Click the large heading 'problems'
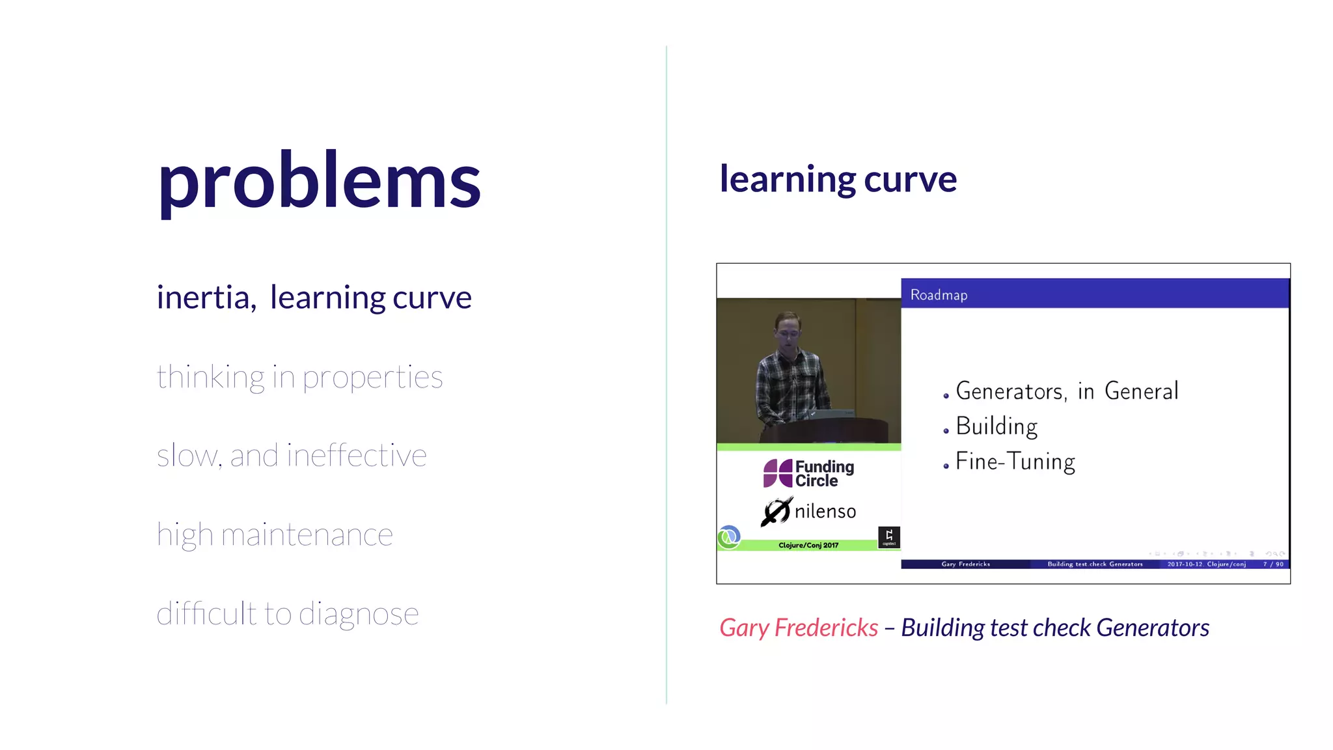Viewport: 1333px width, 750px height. pyautogui.click(x=319, y=180)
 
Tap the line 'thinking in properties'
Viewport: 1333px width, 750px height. pyautogui.click(x=299, y=377)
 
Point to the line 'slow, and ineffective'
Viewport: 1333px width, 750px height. pyautogui.click(x=292, y=456)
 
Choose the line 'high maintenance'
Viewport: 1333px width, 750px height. pyautogui.click(x=275, y=535)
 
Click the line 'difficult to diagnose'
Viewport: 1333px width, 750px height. pyautogui.click(x=288, y=614)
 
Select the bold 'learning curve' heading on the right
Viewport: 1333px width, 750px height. pyautogui.click(x=838, y=179)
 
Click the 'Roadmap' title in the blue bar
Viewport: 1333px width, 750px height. pyautogui.click(x=939, y=295)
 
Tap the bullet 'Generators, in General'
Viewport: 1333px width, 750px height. pyautogui.click(x=1067, y=391)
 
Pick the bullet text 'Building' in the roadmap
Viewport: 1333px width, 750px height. pyautogui.click(x=996, y=426)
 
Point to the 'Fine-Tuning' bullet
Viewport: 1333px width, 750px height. pyautogui.click(x=1015, y=462)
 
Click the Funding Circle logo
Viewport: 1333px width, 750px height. pyautogui.click(x=808, y=473)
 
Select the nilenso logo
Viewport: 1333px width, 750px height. pyautogui.click(x=808, y=511)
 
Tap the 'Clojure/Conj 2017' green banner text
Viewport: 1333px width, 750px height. pyautogui.click(x=808, y=545)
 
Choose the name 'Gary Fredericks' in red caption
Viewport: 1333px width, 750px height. pyautogui.click(x=799, y=628)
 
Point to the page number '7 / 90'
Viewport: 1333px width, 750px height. pyautogui.click(x=1273, y=564)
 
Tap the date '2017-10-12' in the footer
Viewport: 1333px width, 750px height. pyautogui.click(x=1184, y=564)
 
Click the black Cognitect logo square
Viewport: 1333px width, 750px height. pyautogui.click(x=889, y=537)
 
